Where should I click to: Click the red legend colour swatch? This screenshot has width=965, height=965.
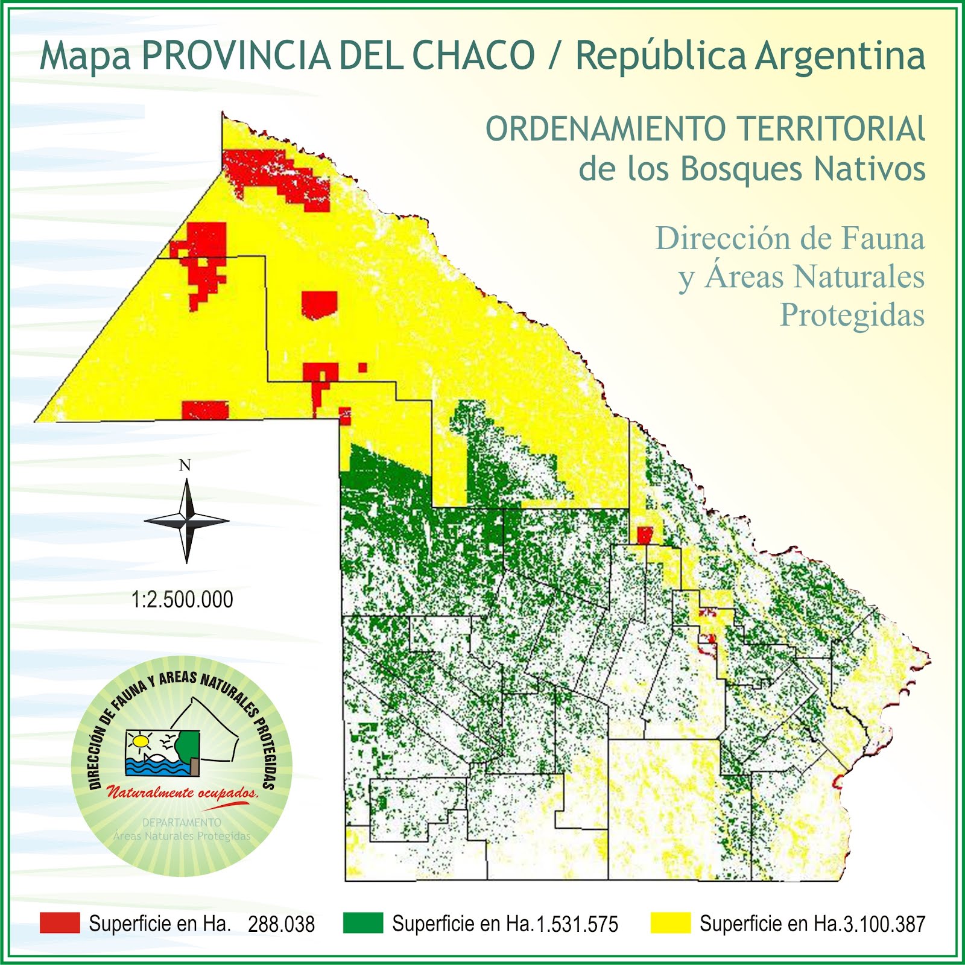(60, 923)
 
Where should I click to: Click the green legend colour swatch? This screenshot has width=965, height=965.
(363, 923)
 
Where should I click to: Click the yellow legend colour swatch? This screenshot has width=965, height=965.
(671, 923)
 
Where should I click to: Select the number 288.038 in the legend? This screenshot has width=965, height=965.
(281, 924)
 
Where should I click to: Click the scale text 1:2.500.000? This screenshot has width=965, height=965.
(182, 600)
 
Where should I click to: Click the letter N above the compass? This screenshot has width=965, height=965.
(185, 465)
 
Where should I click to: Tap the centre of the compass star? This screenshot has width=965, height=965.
(187, 520)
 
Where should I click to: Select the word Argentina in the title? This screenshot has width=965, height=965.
(840, 55)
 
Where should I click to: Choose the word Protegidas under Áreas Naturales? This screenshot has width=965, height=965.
(852, 315)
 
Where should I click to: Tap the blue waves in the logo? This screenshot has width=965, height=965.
(157, 767)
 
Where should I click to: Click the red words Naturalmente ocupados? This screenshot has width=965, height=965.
(182, 793)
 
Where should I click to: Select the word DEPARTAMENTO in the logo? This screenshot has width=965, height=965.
(182, 822)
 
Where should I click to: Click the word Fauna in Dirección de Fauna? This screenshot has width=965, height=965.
(883, 238)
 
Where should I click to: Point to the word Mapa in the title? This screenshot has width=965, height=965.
(85, 55)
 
